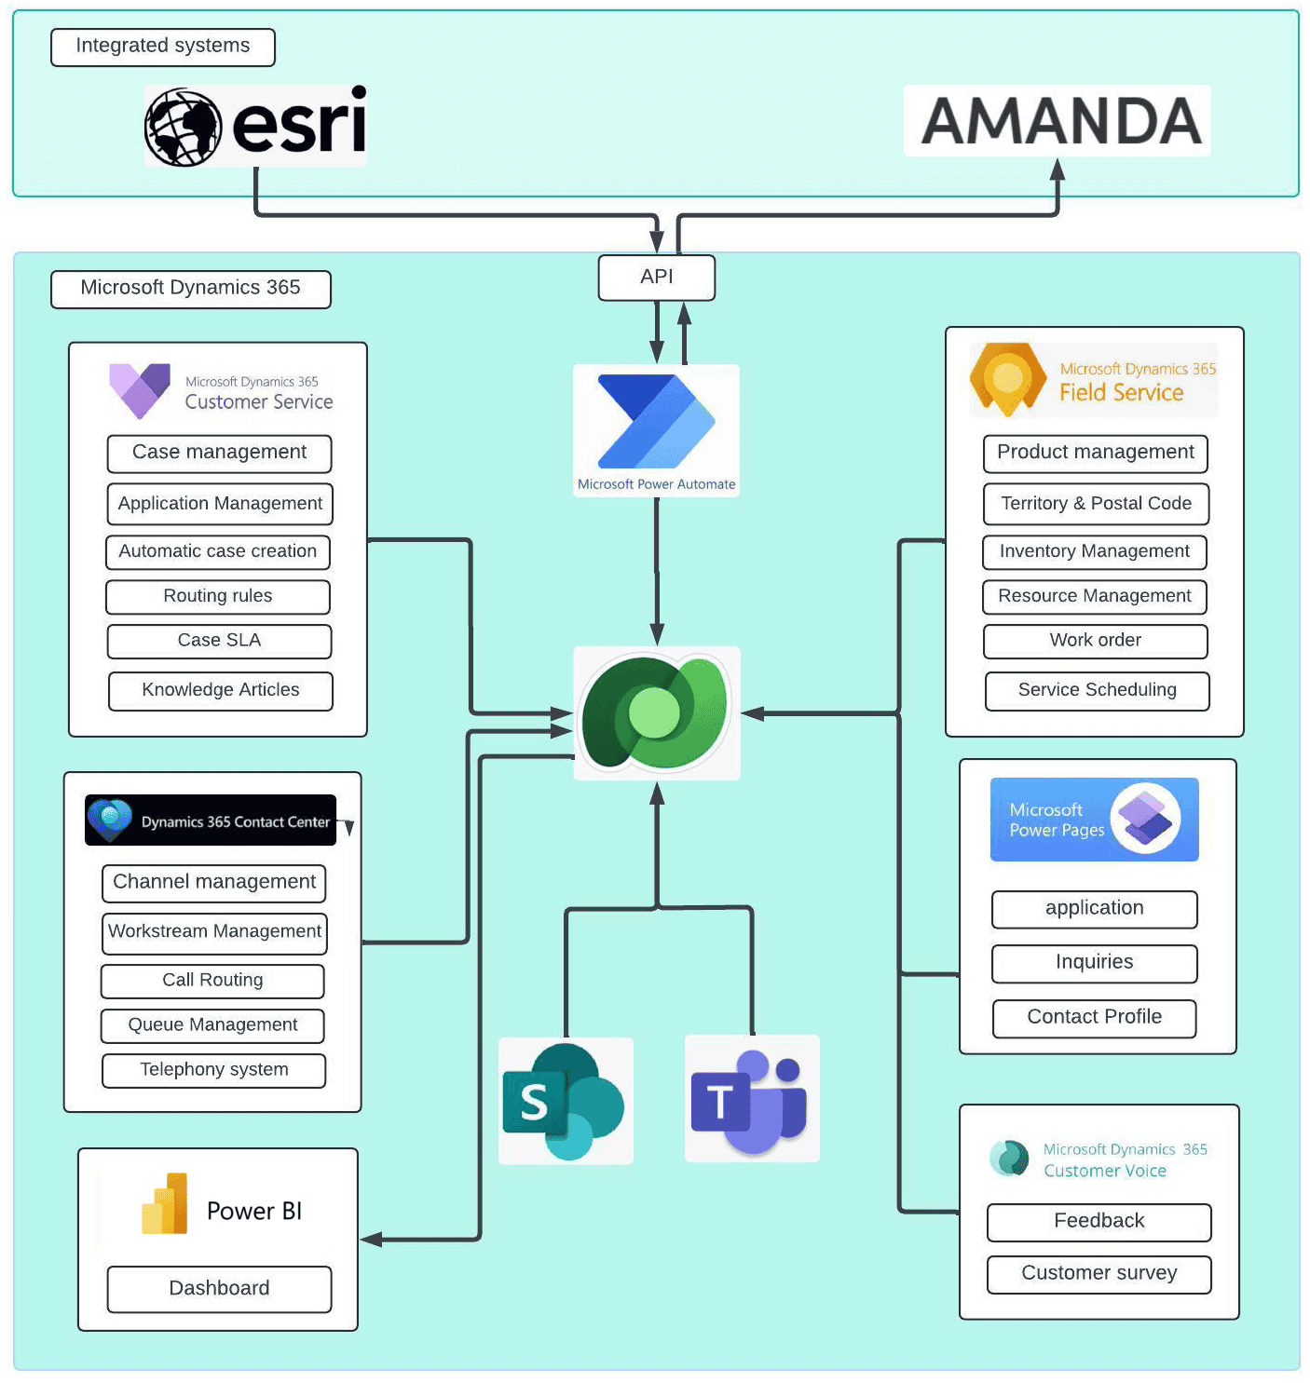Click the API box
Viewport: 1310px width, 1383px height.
[656, 278]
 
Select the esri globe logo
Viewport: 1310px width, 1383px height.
[184, 127]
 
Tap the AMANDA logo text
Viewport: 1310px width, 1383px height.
[1060, 122]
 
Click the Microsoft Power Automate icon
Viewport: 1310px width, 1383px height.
[656, 422]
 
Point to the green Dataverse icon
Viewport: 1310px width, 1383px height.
[656, 712]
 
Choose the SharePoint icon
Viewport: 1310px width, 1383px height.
[565, 1101]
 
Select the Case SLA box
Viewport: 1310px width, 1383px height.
[219, 641]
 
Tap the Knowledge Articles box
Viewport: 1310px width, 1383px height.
[220, 690]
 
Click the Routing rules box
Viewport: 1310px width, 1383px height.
[218, 596]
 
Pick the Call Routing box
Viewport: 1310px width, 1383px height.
[212, 981]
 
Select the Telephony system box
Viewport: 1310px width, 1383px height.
[213, 1070]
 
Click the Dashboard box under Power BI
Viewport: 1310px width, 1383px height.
[219, 1289]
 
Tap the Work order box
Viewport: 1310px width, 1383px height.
[1095, 641]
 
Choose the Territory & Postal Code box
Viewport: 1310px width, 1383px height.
[1095, 504]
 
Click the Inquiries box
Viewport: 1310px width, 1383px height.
[1094, 963]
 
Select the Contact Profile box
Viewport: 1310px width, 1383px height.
[1094, 1017]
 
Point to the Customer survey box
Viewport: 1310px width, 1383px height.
[1098, 1273]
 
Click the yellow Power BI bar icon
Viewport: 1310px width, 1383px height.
[166, 1204]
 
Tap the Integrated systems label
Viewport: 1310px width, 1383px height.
[163, 47]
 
